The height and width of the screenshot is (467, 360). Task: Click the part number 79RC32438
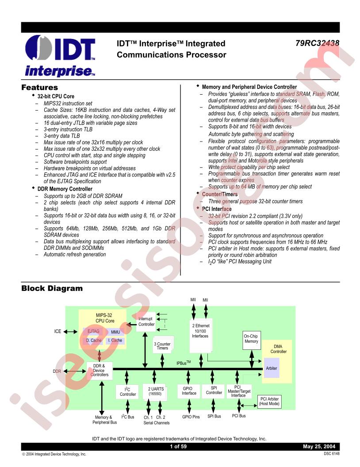point(317,43)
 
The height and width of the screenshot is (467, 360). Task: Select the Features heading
point(40,88)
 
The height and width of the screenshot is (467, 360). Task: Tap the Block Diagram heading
point(52,288)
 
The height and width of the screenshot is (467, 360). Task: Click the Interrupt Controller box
point(146,322)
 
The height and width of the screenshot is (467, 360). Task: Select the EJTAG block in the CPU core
point(93,332)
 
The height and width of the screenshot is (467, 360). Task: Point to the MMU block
point(115,332)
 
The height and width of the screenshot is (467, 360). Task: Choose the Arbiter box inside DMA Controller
point(272,368)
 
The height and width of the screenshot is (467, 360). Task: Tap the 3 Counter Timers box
point(162,346)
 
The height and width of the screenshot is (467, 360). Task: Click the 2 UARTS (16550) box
point(156,391)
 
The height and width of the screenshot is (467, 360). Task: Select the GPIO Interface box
point(189,391)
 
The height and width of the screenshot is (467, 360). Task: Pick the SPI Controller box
point(214,390)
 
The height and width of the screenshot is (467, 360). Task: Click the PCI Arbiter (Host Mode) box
point(269,402)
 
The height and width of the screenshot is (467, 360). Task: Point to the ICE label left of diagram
point(57,332)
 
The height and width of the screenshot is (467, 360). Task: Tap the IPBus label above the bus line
point(184,363)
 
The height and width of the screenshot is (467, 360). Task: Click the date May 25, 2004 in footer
point(319,447)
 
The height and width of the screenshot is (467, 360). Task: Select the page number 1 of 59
point(178,447)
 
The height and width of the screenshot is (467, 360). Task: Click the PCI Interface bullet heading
point(216,209)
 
